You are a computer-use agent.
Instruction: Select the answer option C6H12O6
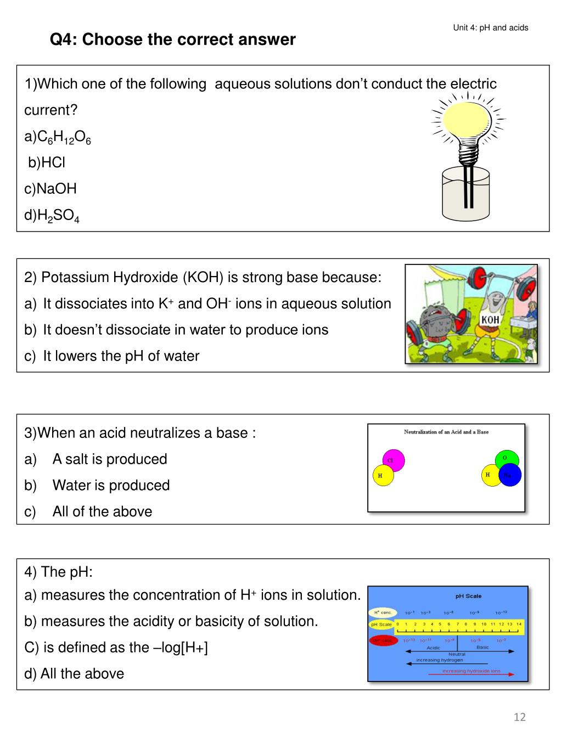click(58, 137)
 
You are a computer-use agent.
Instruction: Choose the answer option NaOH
click(50, 189)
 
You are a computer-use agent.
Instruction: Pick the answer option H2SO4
click(52, 216)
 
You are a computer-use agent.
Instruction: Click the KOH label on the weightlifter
click(490, 320)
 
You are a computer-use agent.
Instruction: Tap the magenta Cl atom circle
click(393, 460)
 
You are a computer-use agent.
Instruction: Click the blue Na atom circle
click(509, 475)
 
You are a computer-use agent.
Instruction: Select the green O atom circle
click(505, 459)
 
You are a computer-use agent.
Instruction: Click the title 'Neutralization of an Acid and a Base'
click(446, 432)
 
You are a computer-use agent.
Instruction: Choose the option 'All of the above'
click(102, 511)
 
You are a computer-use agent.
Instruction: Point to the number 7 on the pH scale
click(457, 624)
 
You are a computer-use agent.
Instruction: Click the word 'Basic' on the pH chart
click(482, 647)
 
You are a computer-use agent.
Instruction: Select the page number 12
click(520, 717)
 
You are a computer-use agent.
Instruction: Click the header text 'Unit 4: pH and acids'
click(491, 27)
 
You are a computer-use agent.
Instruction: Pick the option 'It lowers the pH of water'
click(121, 356)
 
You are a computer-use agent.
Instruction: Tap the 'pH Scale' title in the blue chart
click(468, 596)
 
